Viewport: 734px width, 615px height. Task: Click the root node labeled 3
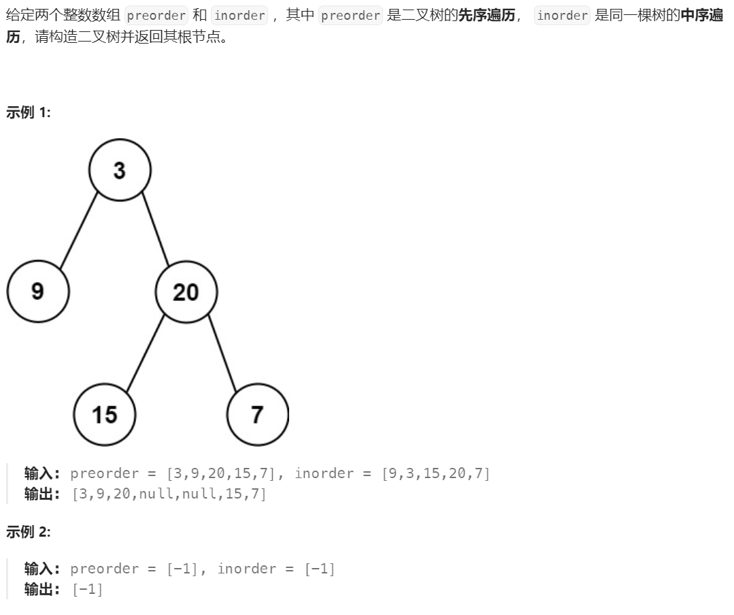click(120, 170)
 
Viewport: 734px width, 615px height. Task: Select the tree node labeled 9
click(38, 291)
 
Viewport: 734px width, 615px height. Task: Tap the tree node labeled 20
click(186, 292)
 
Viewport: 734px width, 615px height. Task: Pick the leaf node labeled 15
click(105, 414)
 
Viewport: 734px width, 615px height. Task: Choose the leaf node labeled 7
click(257, 414)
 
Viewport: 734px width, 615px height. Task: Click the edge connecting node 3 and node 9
click(79, 230)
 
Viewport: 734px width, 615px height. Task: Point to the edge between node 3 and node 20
click(155, 230)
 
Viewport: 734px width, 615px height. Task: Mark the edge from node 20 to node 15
click(146, 352)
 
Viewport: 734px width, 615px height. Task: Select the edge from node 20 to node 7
click(222, 353)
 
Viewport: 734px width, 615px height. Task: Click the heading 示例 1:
click(28, 112)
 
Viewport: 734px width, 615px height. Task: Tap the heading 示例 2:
click(28, 532)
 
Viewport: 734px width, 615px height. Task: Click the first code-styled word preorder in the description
click(156, 16)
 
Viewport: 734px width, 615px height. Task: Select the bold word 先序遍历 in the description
click(486, 16)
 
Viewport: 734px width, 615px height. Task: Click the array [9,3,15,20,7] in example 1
click(436, 473)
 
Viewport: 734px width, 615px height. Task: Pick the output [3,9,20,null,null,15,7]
click(169, 494)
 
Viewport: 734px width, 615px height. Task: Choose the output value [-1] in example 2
click(88, 589)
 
